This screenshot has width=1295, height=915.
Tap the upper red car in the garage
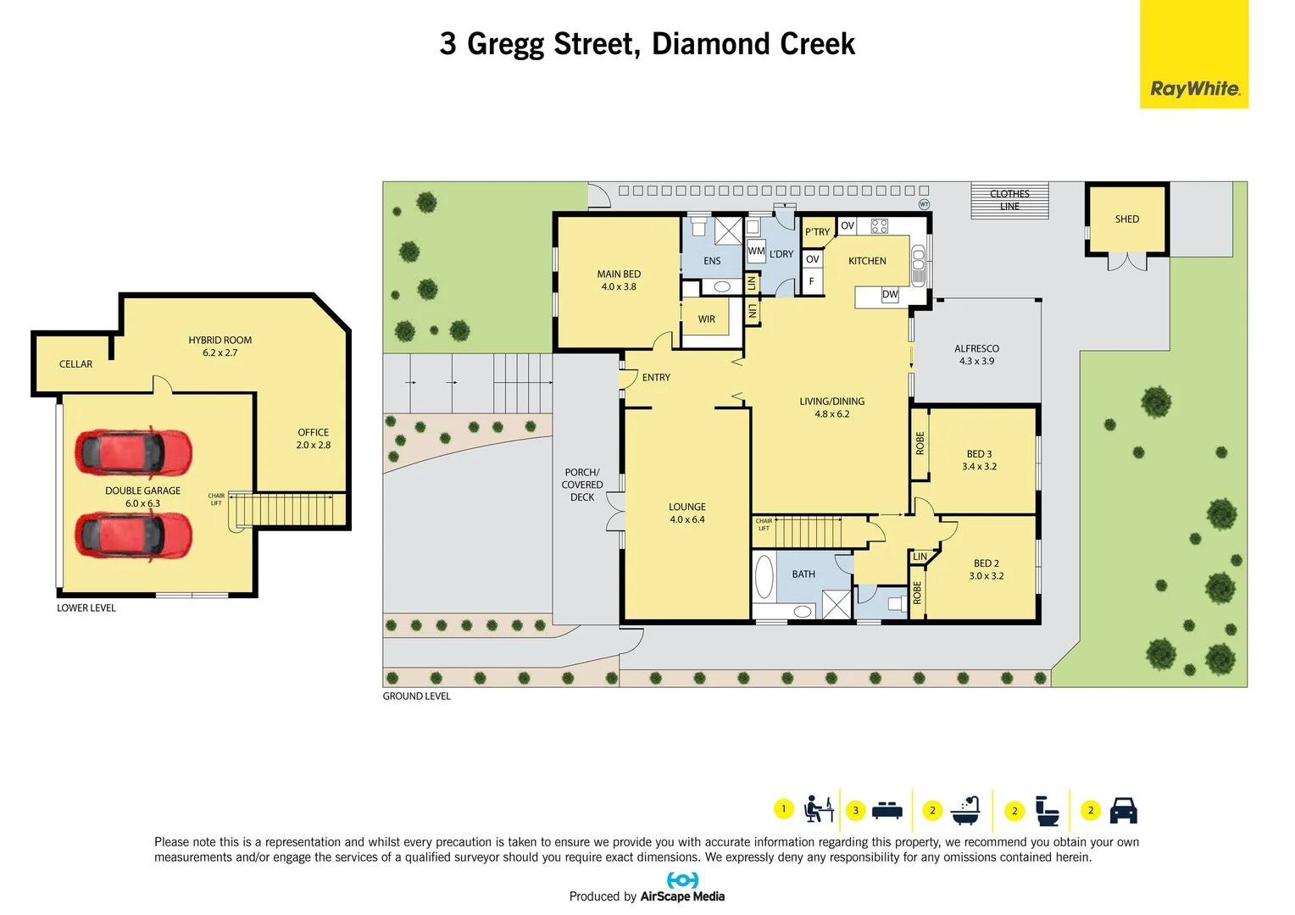[134, 452]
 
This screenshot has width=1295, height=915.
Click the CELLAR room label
[75, 364]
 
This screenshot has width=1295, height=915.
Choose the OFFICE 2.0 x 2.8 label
[313, 439]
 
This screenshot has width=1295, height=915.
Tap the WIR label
[706, 319]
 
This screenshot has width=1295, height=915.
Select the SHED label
[1126, 219]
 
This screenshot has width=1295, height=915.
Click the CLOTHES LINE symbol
[1009, 201]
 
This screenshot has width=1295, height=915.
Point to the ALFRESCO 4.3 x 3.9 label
[976, 355]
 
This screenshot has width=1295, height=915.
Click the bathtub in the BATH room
[764, 576]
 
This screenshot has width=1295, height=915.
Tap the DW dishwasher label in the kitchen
[889, 295]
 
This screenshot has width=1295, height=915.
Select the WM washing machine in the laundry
[756, 252]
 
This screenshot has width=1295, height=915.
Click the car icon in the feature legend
[1123, 811]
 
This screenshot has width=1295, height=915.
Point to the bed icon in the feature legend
[886, 811]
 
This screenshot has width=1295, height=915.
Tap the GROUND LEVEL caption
[416, 696]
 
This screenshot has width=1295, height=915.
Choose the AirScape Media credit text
[682, 896]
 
